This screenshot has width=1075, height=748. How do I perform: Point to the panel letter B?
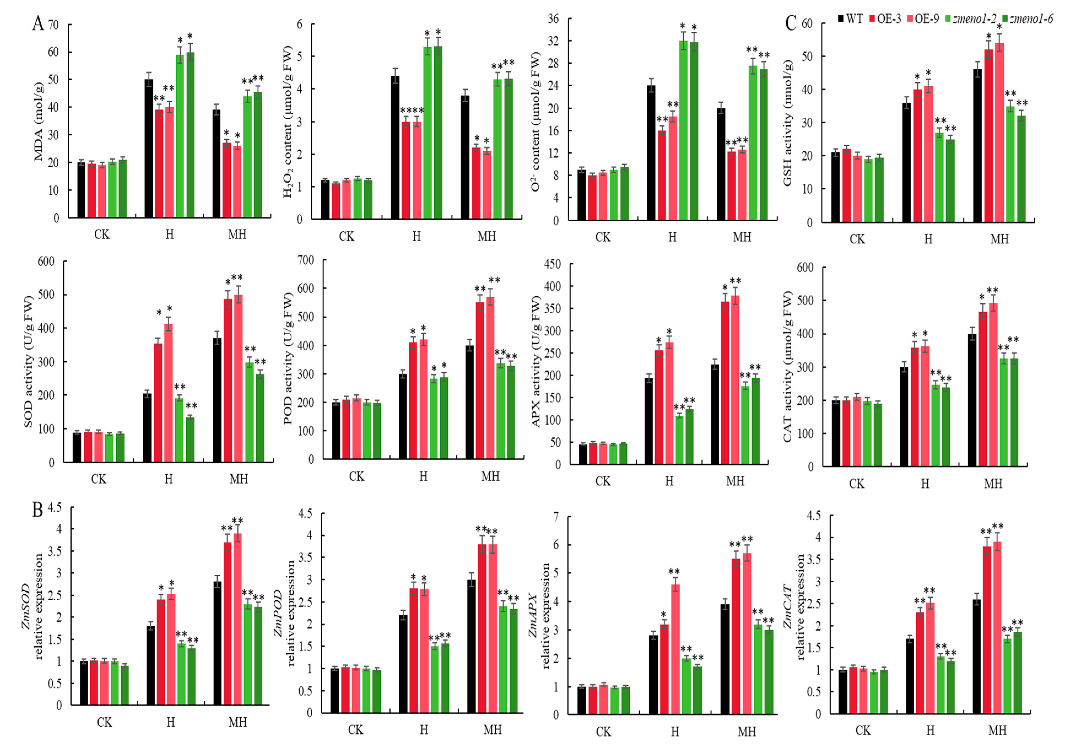click(x=37, y=510)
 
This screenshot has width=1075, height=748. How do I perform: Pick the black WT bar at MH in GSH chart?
click(x=977, y=145)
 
